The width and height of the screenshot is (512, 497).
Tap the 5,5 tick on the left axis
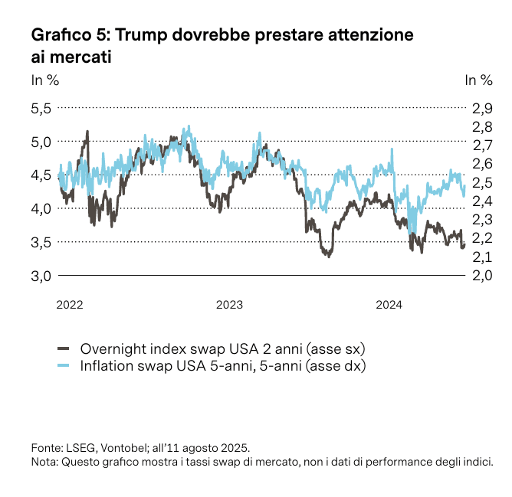(41, 108)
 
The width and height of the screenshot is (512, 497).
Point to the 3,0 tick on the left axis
(41, 276)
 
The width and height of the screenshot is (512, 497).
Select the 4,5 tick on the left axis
(41, 175)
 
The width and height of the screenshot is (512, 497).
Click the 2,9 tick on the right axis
(481, 108)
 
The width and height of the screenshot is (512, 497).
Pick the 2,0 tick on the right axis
(481, 276)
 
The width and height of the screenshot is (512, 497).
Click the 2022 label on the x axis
(70, 305)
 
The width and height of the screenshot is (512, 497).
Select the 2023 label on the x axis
(229, 305)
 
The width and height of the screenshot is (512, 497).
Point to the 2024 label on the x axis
(389, 305)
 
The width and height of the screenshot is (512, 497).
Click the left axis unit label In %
(44, 80)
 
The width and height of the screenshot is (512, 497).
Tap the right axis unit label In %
(479, 80)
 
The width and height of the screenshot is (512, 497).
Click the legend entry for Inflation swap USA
(223, 366)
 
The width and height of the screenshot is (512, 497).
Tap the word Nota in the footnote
(44, 462)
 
